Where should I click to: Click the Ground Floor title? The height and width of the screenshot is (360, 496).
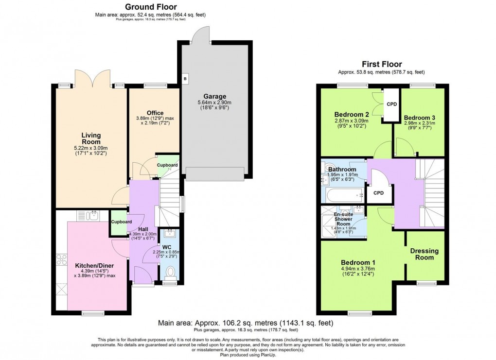pos(151,7)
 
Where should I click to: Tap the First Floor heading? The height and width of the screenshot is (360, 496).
pos(381,64)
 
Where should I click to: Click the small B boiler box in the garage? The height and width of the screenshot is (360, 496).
pos(185,78)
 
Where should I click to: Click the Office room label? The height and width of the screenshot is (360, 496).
pos(155,113)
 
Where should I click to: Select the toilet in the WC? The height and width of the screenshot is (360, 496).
pos(170,271)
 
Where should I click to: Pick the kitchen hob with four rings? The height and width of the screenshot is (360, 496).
pos(62,260)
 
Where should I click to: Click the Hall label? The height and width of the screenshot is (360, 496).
pos(143,229)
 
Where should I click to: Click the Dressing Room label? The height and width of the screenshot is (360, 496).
pos(424,254)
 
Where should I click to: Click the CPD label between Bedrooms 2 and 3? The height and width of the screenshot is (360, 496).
pos(391,103)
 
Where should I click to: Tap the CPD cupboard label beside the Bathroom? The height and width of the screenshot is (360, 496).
pos(378,193)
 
